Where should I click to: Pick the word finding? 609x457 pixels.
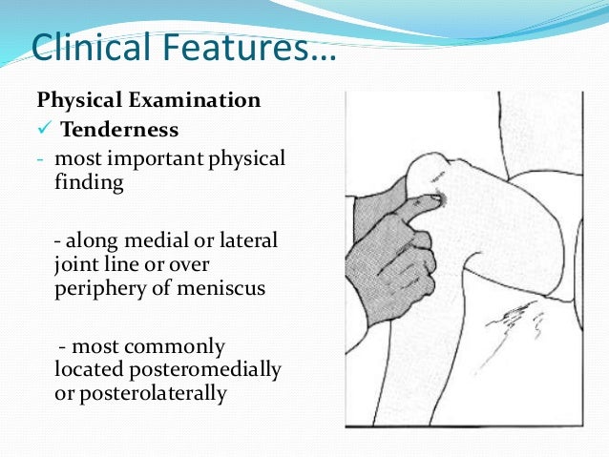90,183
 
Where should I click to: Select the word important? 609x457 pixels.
142,158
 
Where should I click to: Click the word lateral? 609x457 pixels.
249,237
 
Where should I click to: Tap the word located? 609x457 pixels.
84,368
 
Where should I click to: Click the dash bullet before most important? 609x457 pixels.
41,158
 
